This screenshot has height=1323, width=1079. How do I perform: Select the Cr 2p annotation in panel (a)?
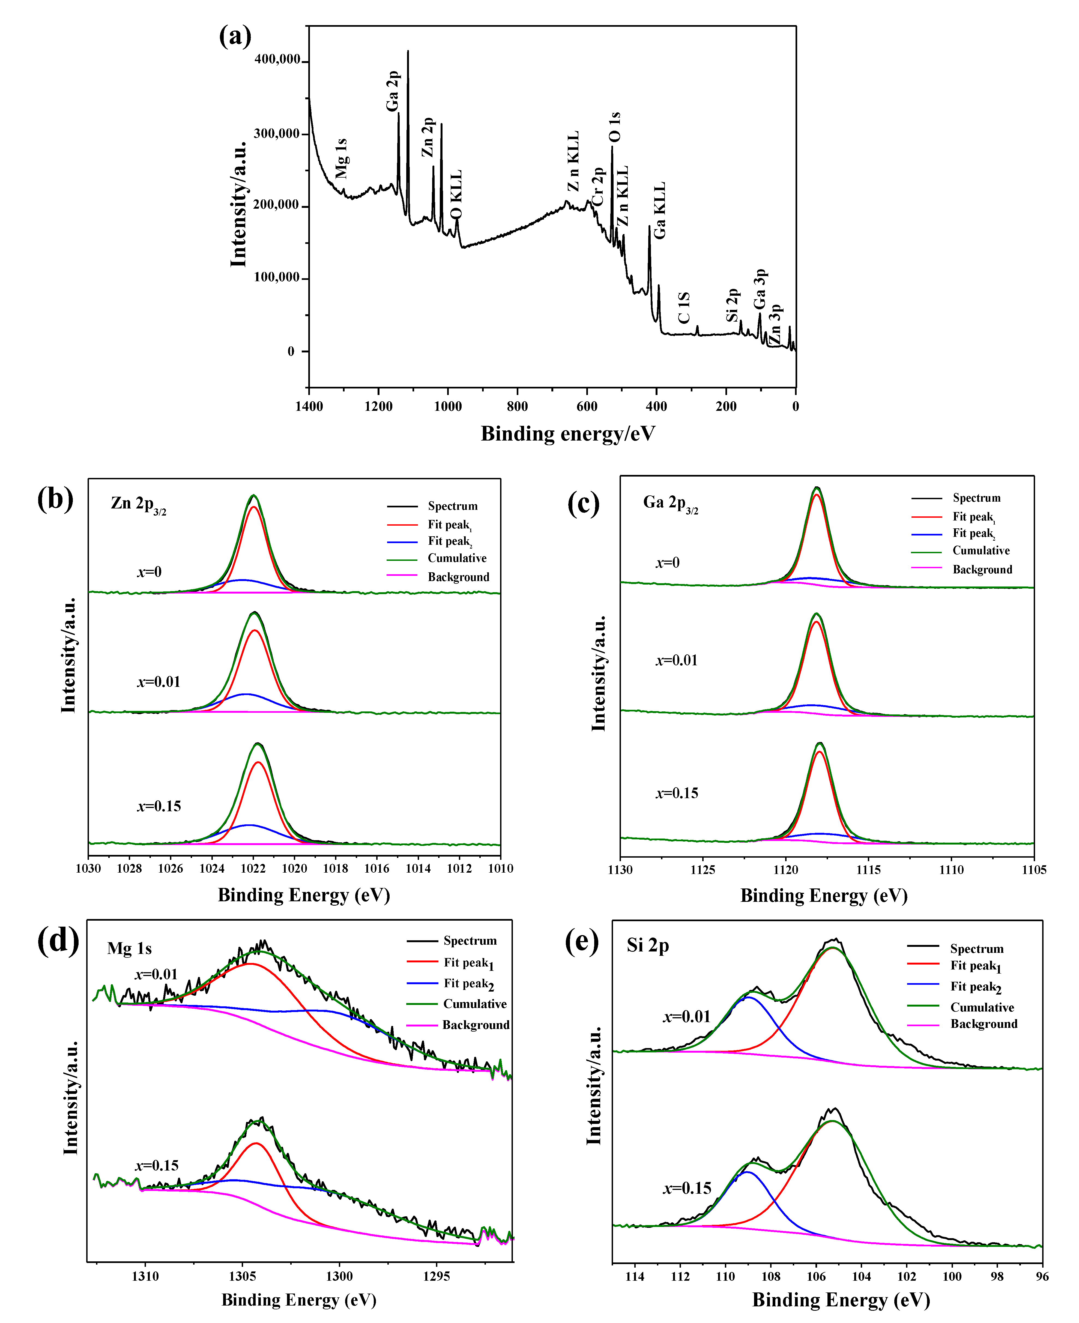[x=597, y=186]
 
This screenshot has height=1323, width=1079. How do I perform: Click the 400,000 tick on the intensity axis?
[x=277, y=60]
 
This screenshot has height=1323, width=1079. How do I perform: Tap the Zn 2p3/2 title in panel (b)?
[x=138, y=504]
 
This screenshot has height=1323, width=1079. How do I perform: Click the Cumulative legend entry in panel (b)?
[x=457, y=558]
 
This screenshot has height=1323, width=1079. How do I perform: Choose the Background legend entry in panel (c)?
[x=982, y=569]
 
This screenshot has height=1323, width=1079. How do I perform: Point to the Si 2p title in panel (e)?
[x=648, y=946]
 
